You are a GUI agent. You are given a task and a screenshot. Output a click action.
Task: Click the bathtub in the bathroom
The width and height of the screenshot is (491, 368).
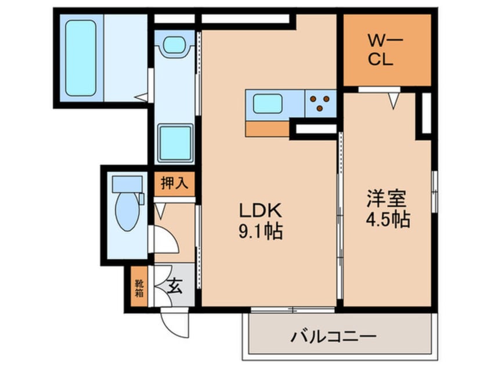pyautogui.click(x=80, y=57)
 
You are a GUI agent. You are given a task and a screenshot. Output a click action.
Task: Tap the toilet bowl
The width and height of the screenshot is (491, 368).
pyautogui.click(x=127, y=212)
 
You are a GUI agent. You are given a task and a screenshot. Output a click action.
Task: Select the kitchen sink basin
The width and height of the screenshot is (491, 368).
pyautogui.click(x=268, y=103)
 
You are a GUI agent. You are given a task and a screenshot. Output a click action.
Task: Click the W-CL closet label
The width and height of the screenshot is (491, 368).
pyautogui.click(x=381, y=50)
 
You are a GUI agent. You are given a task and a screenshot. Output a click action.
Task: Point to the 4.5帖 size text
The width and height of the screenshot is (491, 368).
pyautogui.click(x=388, y=219)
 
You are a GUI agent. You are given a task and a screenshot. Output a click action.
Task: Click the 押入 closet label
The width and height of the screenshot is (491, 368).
pyautogui.click(x=174, y=185)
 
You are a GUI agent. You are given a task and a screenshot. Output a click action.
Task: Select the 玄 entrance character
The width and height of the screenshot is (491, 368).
pyautogui.click(x=174, y=286)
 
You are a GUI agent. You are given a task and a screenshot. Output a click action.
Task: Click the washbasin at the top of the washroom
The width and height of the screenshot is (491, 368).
pyautogui.click(x=174, y=44)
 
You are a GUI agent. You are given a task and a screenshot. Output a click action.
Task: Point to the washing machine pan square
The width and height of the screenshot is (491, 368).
pyautogui.click(x=175, y=143)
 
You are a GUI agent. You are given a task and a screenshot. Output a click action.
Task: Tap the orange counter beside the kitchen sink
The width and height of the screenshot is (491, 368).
pyautogui.click(x=268, y=128)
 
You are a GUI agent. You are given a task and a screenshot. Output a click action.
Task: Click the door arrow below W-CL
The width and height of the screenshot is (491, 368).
pyautogui.click(x=393, y=101)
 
